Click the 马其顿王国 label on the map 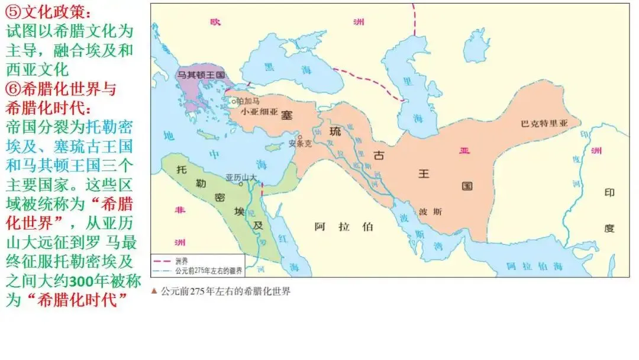coord(202,75)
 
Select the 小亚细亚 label coord(259,112)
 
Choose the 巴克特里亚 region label coord(544,124)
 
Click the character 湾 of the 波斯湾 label coord(437,246)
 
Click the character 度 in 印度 coord(610,227)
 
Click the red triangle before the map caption coord(154,291)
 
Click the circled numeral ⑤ coord(13,12)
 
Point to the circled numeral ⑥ coord(13,89)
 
